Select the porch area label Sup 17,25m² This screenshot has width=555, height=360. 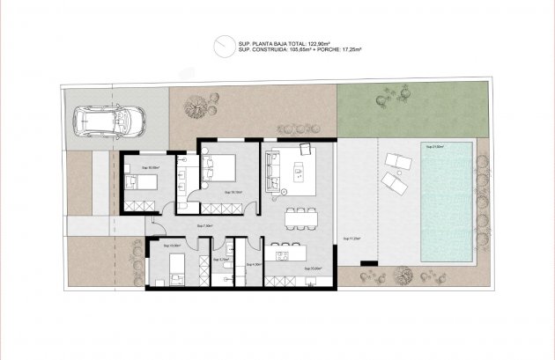tap(354, 239)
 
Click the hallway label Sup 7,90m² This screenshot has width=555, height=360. tap(207, 227)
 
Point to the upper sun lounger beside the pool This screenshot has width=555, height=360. tap(396, 160)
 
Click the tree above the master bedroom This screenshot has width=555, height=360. tap(192, 108)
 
